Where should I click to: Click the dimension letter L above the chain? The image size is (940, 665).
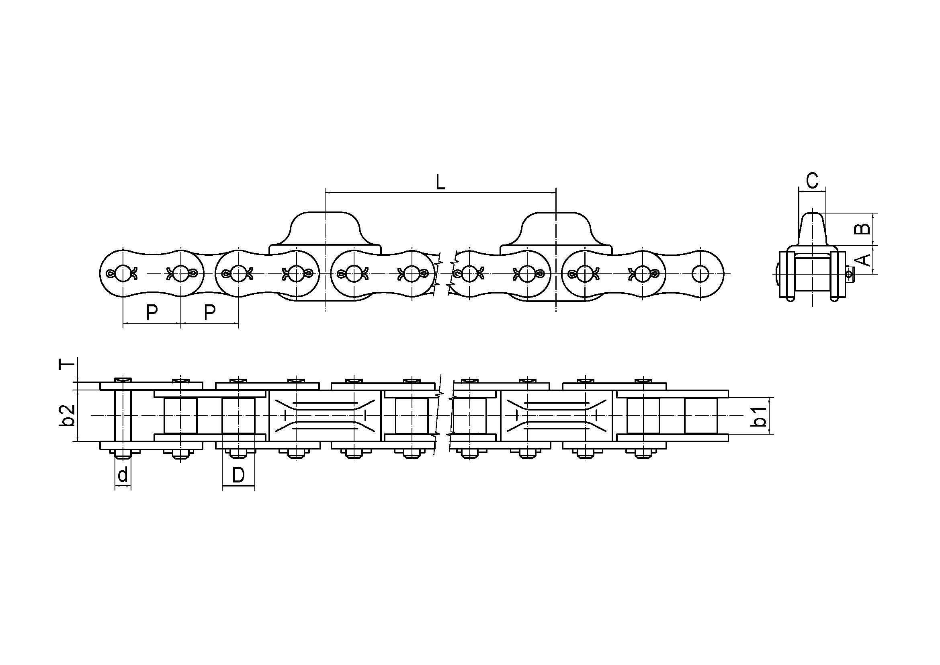pyautogui.click(x=440, y=182)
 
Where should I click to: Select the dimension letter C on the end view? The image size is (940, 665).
pyautogui.click(x=812, y=180)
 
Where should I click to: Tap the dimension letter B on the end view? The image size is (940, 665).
pyautogui.click(x=862, y=229)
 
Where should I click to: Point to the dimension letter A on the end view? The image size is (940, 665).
pyautogui.click(x=863, y=260)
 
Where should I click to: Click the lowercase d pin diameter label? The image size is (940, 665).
pyautogui.click(x=123, y=475)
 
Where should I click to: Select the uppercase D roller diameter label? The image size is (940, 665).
pyautogui.click(x=238, y=475)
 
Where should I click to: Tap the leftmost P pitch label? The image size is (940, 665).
pyautogui.click(x=152, y=313)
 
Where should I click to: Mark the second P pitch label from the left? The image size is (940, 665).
pyautogui.click(x=209, y=313)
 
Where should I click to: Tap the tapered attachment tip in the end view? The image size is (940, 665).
pyautogui.click(x=812, y=227)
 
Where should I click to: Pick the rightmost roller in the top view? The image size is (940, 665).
pyautogui.click(x=700, y=416)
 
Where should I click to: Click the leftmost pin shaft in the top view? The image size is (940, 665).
pyautogui.click(x=123, y=416)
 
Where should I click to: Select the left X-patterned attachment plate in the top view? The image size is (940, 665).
pyautogui.click(x=325, y=416)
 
